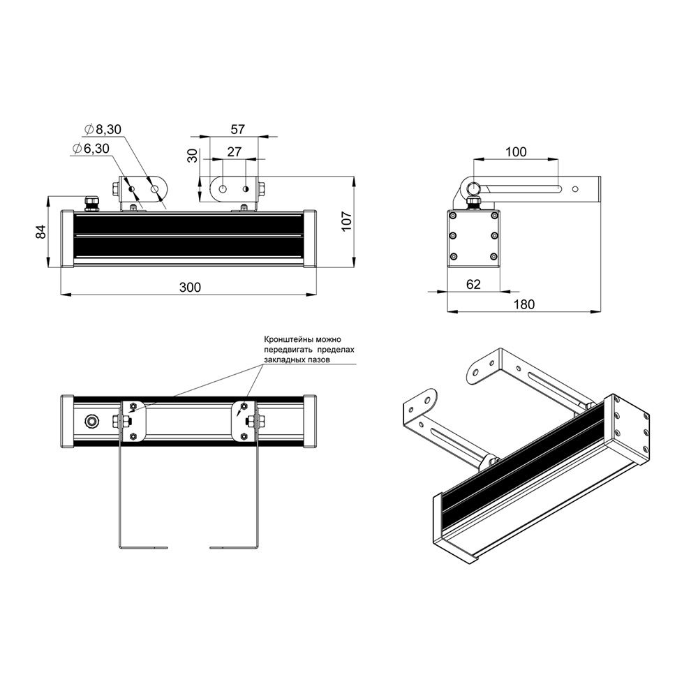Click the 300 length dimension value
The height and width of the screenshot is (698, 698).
(190, 287)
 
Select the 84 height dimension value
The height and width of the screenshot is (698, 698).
(40, 232)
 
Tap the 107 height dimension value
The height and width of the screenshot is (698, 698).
(346, 221)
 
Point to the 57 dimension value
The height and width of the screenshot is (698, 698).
(238, 129)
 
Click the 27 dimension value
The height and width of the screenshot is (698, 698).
(234, 151)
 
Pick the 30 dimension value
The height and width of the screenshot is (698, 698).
(193, 156)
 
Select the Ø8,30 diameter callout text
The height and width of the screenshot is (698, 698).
(103, 129)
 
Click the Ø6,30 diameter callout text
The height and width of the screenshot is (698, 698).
(90, 148)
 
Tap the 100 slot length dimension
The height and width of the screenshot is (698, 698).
(516, 151)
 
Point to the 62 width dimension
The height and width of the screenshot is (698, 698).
(473, 283)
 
